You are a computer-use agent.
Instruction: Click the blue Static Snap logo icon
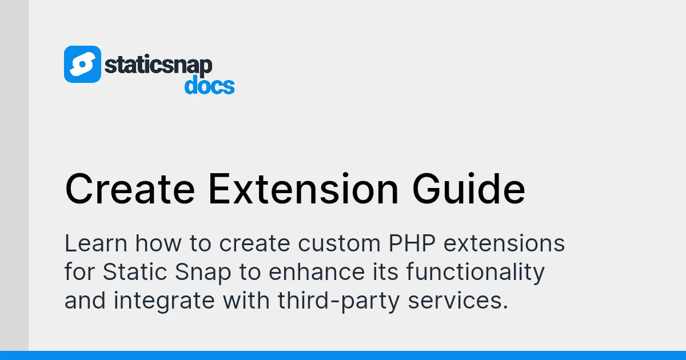(82, 64)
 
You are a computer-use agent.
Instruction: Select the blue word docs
(209, 86)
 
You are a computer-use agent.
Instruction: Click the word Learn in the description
(95, 244)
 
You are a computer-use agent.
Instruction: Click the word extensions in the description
(504, 244)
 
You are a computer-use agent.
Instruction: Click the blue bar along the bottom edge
(343, 355)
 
